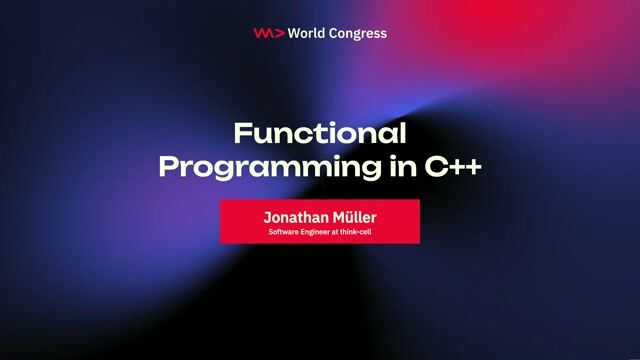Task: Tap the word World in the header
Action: (x=307, y=33)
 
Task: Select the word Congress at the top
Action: (x=358, y=33)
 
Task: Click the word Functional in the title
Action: (x=320, y=133)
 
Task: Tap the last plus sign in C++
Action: (x=472, y=166)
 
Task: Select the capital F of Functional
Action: (x=241, y=133)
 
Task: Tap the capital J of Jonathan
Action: (x=267, y=216)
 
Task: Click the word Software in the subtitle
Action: (x=283, y=232)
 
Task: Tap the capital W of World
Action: (x=293, y=33)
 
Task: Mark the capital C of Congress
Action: (x=335, y=33)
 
